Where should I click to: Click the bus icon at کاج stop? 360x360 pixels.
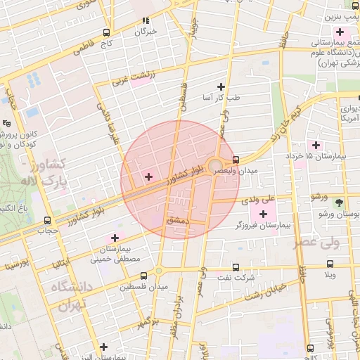[106, 32]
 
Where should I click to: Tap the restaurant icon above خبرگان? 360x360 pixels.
[146, 21]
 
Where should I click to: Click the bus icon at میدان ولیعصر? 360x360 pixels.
[236, 160]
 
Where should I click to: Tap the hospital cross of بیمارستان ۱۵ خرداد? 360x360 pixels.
[316, 144]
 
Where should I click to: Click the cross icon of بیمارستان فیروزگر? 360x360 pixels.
[264, 214]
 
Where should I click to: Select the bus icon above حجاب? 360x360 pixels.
[47, 220]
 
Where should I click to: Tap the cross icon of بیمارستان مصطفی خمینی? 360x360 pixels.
[115, 238]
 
